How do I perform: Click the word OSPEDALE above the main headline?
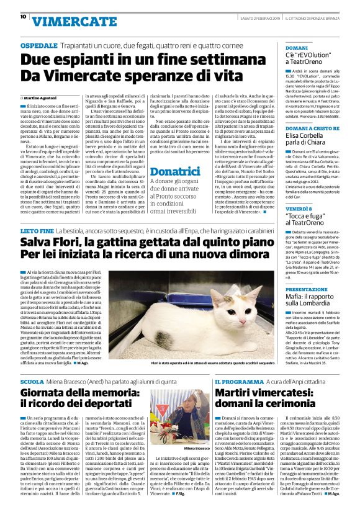tap(38, 47)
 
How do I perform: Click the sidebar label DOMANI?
tap(296, 48)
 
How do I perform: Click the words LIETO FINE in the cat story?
tap(37, 230)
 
